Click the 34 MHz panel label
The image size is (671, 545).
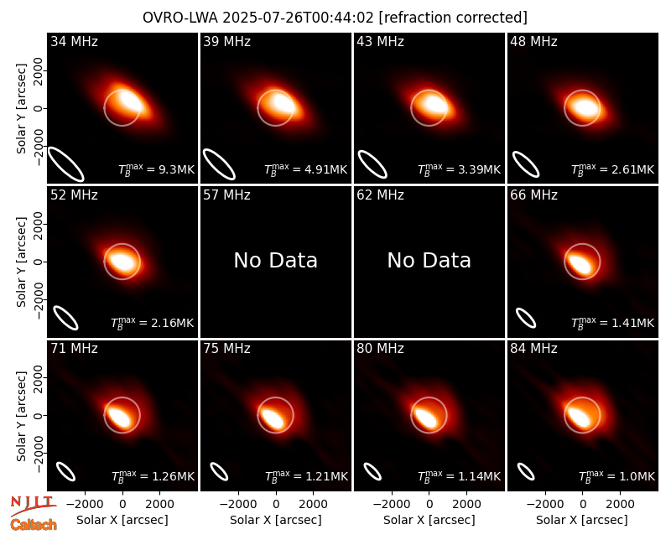coord(74,41)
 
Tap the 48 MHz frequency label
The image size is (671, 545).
coord(533,41)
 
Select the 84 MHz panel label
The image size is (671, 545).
coord(533,349)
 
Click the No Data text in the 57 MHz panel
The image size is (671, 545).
coord(276,260)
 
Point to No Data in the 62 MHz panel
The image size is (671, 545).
coord(429,260)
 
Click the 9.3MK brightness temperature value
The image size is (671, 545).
coord(177,170)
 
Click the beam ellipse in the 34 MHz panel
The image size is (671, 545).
coord(65,163)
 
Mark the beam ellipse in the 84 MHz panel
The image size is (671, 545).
coord(526,472)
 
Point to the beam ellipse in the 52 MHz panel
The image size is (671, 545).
coord(65,318)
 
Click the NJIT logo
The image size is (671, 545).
coord(33,506)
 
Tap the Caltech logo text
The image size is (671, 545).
coord(34,525)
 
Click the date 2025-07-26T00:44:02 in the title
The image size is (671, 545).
coord(299,18)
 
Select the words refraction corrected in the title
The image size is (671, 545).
coord(453,18)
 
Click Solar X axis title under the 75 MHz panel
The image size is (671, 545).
coord(276,520)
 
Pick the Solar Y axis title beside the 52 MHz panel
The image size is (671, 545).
coord(21,262)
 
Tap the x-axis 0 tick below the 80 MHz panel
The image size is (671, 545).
coord(429,505)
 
